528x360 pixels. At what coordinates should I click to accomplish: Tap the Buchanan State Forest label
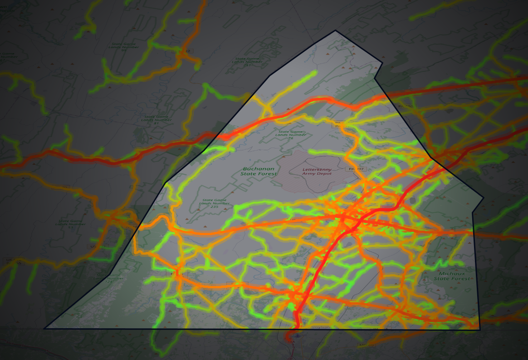click(x=259, y=171)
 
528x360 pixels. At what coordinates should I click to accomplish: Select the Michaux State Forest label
click(x=452, y=276)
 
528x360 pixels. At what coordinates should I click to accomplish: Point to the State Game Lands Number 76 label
click(x=291, y=134)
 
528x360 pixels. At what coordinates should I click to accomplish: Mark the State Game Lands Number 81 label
click(x=156, y=119)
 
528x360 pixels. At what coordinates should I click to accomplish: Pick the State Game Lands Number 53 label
click(x=70, y=223)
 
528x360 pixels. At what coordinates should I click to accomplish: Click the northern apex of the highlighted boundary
click(x=336, y=30)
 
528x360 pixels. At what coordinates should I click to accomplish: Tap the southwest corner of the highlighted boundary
click(x=44, y=328)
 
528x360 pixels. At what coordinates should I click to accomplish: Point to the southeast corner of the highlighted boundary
click(x=480, y=330)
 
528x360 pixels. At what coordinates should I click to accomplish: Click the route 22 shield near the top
click(x=187, y=51)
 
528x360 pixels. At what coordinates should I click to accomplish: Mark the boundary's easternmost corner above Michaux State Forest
click(x=484, y=198)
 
